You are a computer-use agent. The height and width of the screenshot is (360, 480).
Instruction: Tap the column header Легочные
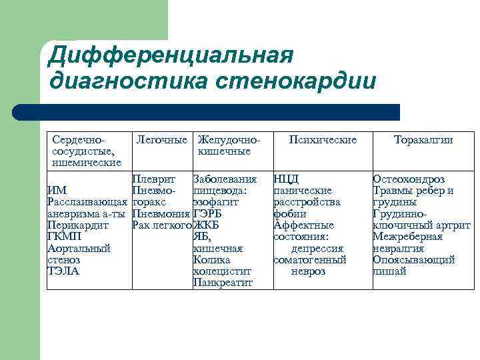(x=161, y=140)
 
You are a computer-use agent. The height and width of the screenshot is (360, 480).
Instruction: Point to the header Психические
(x=323, y=140)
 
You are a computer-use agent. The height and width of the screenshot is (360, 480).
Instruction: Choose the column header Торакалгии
(x=423, y=140)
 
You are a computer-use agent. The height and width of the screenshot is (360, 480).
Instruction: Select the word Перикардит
(x=76, y=225)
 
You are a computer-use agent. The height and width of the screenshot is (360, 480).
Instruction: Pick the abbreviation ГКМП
(x=65, y=237)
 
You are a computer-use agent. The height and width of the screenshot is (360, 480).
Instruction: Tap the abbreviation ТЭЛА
(x=63, y=271)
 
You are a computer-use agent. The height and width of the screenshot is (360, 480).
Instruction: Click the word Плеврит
(x=154, y=179)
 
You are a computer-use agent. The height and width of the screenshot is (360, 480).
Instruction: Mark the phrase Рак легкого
(x=162, y=225)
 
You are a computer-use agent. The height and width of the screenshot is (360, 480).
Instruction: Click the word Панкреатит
(x=223, y=283)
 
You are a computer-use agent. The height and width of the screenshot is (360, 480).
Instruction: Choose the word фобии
(x=290, y=214)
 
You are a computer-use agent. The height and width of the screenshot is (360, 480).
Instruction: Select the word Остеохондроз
(x=409, y=179)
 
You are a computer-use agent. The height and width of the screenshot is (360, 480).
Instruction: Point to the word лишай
(x=389, y=271)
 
